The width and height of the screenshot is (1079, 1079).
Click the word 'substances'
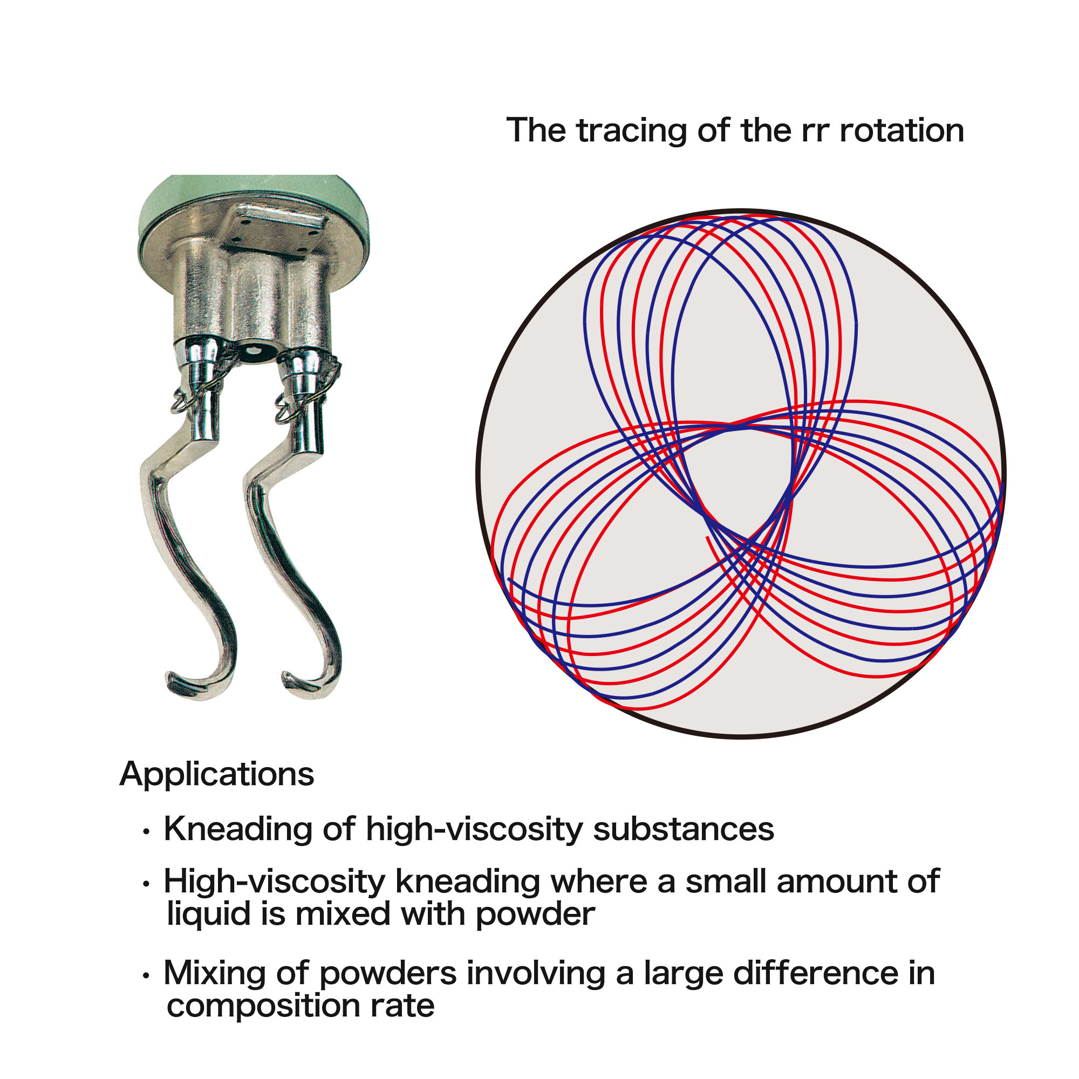(x=684, y=829)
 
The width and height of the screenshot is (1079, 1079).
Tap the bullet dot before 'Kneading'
(x=147, y=832)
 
